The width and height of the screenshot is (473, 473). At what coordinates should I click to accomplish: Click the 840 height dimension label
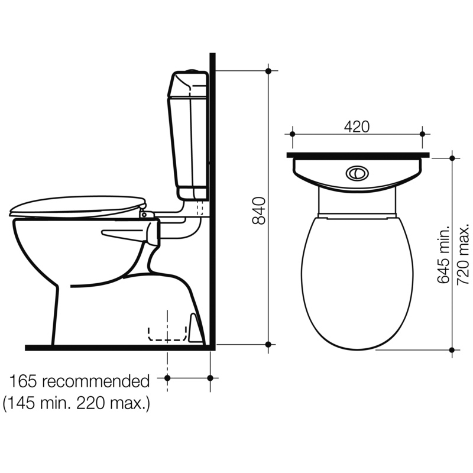[x=258, y=210]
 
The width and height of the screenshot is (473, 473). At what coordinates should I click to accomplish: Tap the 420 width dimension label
[x=357, y=127]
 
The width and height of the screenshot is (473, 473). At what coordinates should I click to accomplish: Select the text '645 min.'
[x=443, y=254]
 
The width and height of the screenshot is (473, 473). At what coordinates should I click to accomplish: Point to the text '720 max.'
[x=464, y=254]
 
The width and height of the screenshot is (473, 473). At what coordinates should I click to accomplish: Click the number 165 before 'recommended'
[x=23, y=381]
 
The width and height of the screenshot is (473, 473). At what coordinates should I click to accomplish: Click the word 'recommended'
[x=96, y=381]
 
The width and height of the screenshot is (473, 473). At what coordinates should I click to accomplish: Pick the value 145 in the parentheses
[x=21, y=403]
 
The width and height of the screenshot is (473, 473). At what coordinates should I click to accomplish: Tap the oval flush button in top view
[x=357, y=173]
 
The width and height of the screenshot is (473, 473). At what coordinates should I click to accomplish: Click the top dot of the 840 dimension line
[x=268, y=71]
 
